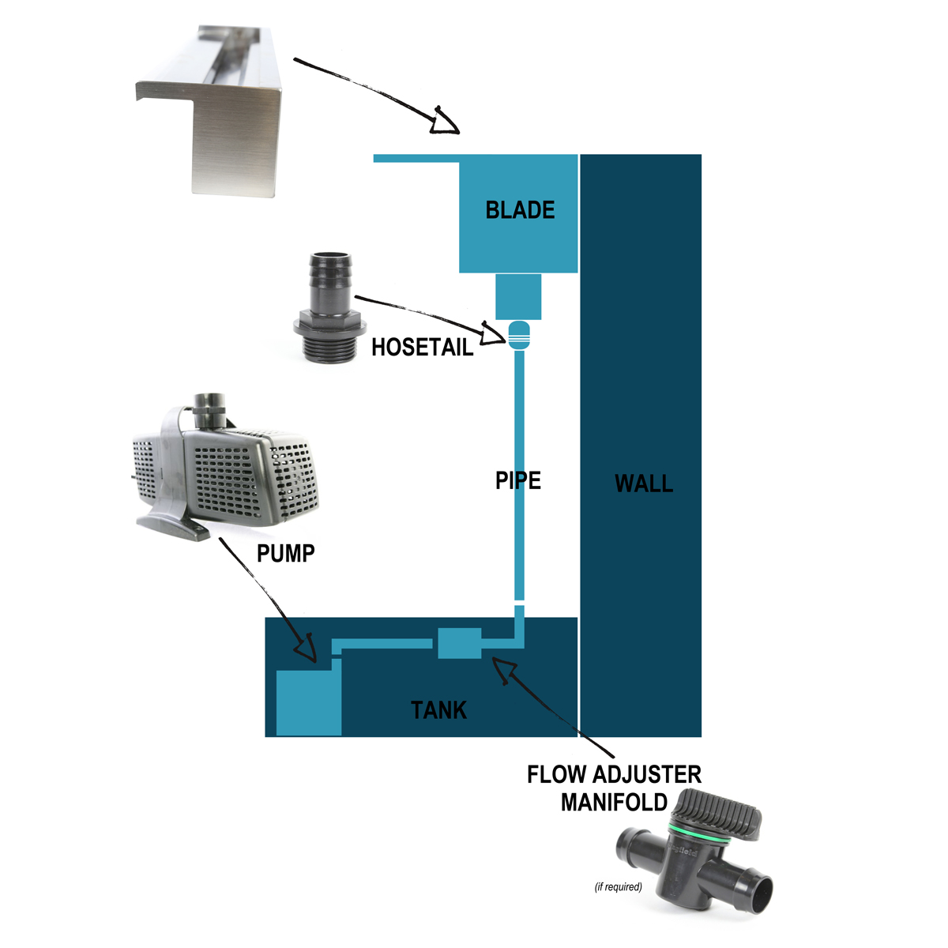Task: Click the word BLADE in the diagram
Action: pyautogui.click(x=520, y=210)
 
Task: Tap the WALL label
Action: pyautogui.click(x=644, y=483)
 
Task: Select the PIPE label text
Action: pyautogui.click(x=518, y=480)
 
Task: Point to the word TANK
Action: pyautogui.click(x=439, y=710)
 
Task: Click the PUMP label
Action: pyautogui.click(x=286, y=553)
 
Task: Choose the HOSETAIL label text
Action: pyautogui.click(x=423, y=347)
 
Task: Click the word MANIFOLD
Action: pyautogui.click(x=615, y=803)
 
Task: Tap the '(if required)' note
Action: pyautogui.click(x=619, y=886)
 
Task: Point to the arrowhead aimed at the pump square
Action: pyautogui.click(x=308, y=649)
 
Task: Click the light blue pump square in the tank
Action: pyautogui.click(x=308, y=702)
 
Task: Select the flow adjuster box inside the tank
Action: pyautogui.click(x=460, y=643)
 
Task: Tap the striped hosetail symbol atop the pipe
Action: pyautogui.click(x=518, y=335)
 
